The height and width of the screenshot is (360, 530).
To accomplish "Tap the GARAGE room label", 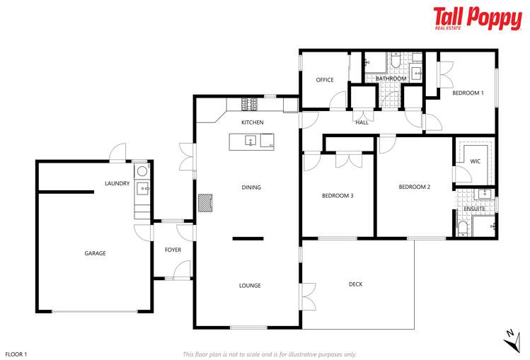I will tap(95, 253).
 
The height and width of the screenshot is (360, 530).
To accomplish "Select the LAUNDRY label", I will tap(117, 184).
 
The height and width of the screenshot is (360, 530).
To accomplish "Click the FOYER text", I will tap(173, 250).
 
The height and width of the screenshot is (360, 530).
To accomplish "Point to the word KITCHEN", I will tap(252, 123).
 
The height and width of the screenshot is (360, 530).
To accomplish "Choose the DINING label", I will tap(251, 187).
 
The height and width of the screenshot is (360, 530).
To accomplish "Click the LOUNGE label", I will tap(250, 286).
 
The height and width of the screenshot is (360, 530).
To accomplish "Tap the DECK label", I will tap(355, 284).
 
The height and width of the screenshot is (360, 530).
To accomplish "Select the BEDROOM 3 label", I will tap(338, 196).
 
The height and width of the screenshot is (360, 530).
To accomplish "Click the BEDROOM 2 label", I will tap(414, 187).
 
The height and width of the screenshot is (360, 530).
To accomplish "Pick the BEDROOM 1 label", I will tap(468, 93).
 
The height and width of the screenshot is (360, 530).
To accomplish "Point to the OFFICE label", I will tap(325, 80).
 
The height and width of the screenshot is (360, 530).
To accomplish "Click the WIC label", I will tap(475, 161).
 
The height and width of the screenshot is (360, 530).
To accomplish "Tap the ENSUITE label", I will tap(475, 209).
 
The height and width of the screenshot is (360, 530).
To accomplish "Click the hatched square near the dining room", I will tap(204, 204).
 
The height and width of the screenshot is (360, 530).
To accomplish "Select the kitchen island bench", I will tap(253, 141).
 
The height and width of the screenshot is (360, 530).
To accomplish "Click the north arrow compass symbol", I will tap(512, 339).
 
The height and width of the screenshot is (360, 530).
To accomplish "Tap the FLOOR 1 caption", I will tap(16, 354).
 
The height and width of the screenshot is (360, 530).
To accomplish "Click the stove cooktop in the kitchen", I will tap(250, 105).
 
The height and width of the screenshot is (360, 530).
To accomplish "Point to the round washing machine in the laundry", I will tap(142, 170).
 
